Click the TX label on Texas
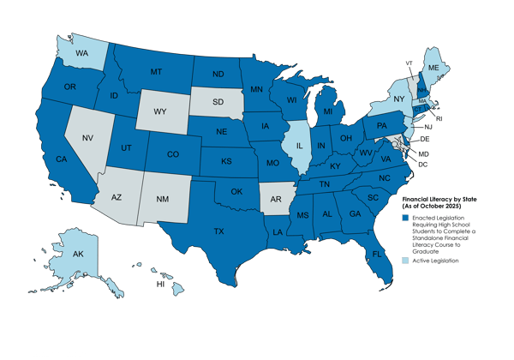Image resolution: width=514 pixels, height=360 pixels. point(218,231)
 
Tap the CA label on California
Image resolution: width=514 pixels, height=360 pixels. point(61,159)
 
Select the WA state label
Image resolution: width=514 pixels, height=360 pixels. point(82,51)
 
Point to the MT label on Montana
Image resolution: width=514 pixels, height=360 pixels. point(156,71)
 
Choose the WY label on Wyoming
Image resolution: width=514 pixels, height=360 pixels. point(158,111)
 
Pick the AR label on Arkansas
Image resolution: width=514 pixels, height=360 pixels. point(276,201)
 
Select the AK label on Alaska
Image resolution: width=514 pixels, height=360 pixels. point(76,255)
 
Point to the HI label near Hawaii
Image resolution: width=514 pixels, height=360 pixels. point(158,282)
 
